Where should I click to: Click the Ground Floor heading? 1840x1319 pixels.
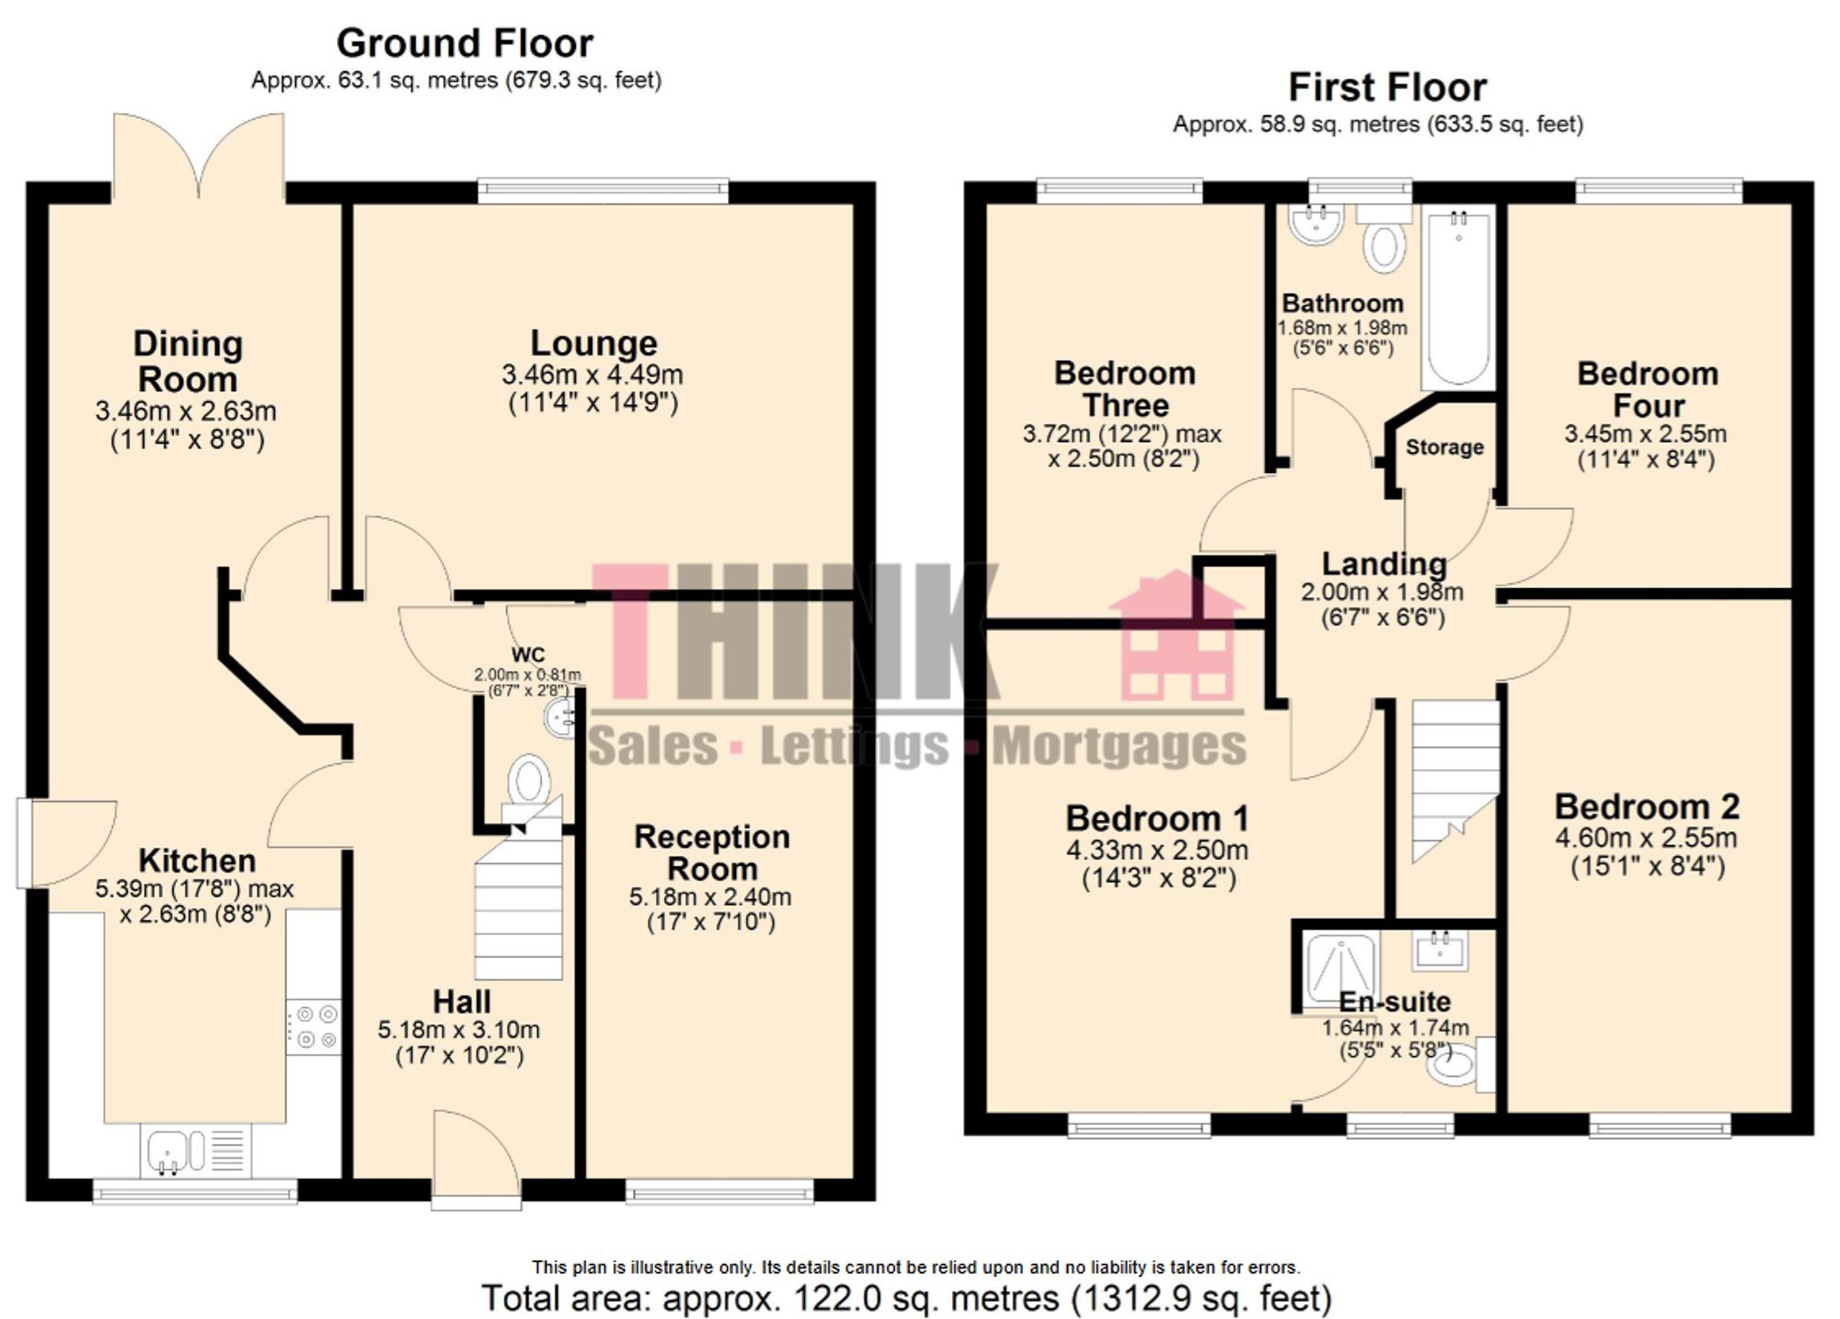(x=465, y=43)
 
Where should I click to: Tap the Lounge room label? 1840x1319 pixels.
(x=593, y=343)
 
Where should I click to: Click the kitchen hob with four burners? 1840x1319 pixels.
(x=313, y=1027)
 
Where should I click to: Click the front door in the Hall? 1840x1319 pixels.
(x=477, y=1160)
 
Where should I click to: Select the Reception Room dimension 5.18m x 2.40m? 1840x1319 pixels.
(x=710, y=897)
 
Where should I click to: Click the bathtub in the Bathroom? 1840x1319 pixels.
(x=1458, y=299)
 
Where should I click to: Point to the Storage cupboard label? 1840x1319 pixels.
(x=1444, y=447)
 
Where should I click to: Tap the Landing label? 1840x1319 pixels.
(x=1384, y=563)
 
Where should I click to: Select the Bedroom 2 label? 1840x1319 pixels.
(x=1647, y=807)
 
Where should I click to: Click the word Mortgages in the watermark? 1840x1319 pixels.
(x=1120, y=746)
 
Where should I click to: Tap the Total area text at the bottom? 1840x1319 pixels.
(x=906, y=1299)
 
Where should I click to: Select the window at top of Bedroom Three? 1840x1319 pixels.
(x=1120, y=191)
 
